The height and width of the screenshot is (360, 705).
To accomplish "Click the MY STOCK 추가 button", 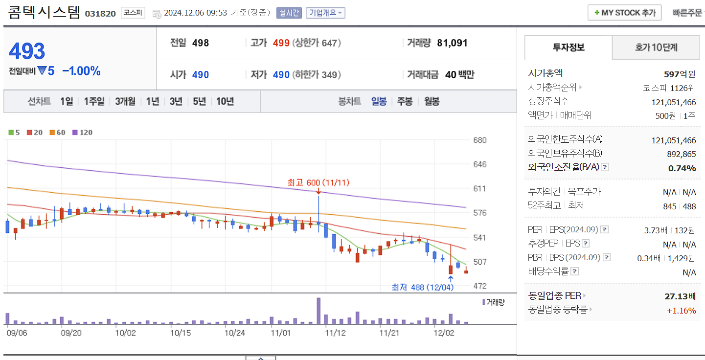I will (624, 13).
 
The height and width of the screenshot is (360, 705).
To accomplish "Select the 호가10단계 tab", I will (656, 47).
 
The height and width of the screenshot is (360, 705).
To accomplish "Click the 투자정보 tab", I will (569, 47).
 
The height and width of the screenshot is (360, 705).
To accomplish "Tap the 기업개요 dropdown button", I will (325, 13).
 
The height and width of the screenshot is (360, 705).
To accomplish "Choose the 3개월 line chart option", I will (125, 101).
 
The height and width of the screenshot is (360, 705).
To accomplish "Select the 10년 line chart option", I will (225, 101).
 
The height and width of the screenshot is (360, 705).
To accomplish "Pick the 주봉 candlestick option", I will (405, 101).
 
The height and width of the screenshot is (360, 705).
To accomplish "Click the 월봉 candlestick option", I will (432, 101).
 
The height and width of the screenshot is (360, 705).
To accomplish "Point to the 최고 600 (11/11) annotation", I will (318, 182).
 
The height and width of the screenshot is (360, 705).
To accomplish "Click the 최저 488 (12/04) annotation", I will (423, 287).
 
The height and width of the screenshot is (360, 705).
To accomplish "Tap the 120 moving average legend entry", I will (82, 132).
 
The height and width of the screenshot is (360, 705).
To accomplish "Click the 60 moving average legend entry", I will (57, 132).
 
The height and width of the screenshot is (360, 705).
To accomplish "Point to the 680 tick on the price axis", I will (480, 140).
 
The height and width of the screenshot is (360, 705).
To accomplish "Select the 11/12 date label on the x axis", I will (335, 333).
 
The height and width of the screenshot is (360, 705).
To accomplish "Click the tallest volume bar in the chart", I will (318, 311).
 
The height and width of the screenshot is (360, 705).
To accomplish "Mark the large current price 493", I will (27, 51).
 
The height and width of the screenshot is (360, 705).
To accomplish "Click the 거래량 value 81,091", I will (452, 43).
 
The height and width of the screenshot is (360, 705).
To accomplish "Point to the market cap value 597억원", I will (680, 74).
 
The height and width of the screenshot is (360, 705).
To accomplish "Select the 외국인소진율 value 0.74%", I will (682, 168).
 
